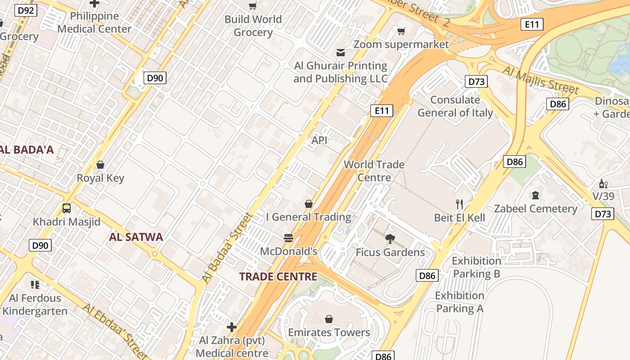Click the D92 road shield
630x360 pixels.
coord(26,10)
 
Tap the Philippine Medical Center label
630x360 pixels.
coord(94,22)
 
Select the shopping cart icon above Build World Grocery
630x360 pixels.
coord(253,6)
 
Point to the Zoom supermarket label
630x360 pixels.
coord(401,44)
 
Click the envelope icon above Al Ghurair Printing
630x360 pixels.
coord(341,53)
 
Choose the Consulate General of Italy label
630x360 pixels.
coord(455,106)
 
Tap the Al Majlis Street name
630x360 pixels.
coord(540,80)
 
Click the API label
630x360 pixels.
coord(319,140)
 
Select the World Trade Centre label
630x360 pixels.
coord(374,171)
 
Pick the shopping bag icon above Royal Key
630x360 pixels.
coord(100,165)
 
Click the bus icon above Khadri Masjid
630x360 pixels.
coord(67,208)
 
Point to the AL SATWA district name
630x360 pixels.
coord(136,237)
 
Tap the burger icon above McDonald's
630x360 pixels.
coord(288,238)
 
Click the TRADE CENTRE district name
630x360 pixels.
coord(278,276)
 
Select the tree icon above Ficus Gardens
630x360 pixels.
coord(390,238)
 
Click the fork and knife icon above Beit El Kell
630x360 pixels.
coord(459,204)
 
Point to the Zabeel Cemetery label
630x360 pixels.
coord(535,209)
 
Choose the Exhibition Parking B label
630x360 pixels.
coord(476,267)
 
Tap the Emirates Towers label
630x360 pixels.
coord(329,333)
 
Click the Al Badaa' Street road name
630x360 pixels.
coord(227,247)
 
